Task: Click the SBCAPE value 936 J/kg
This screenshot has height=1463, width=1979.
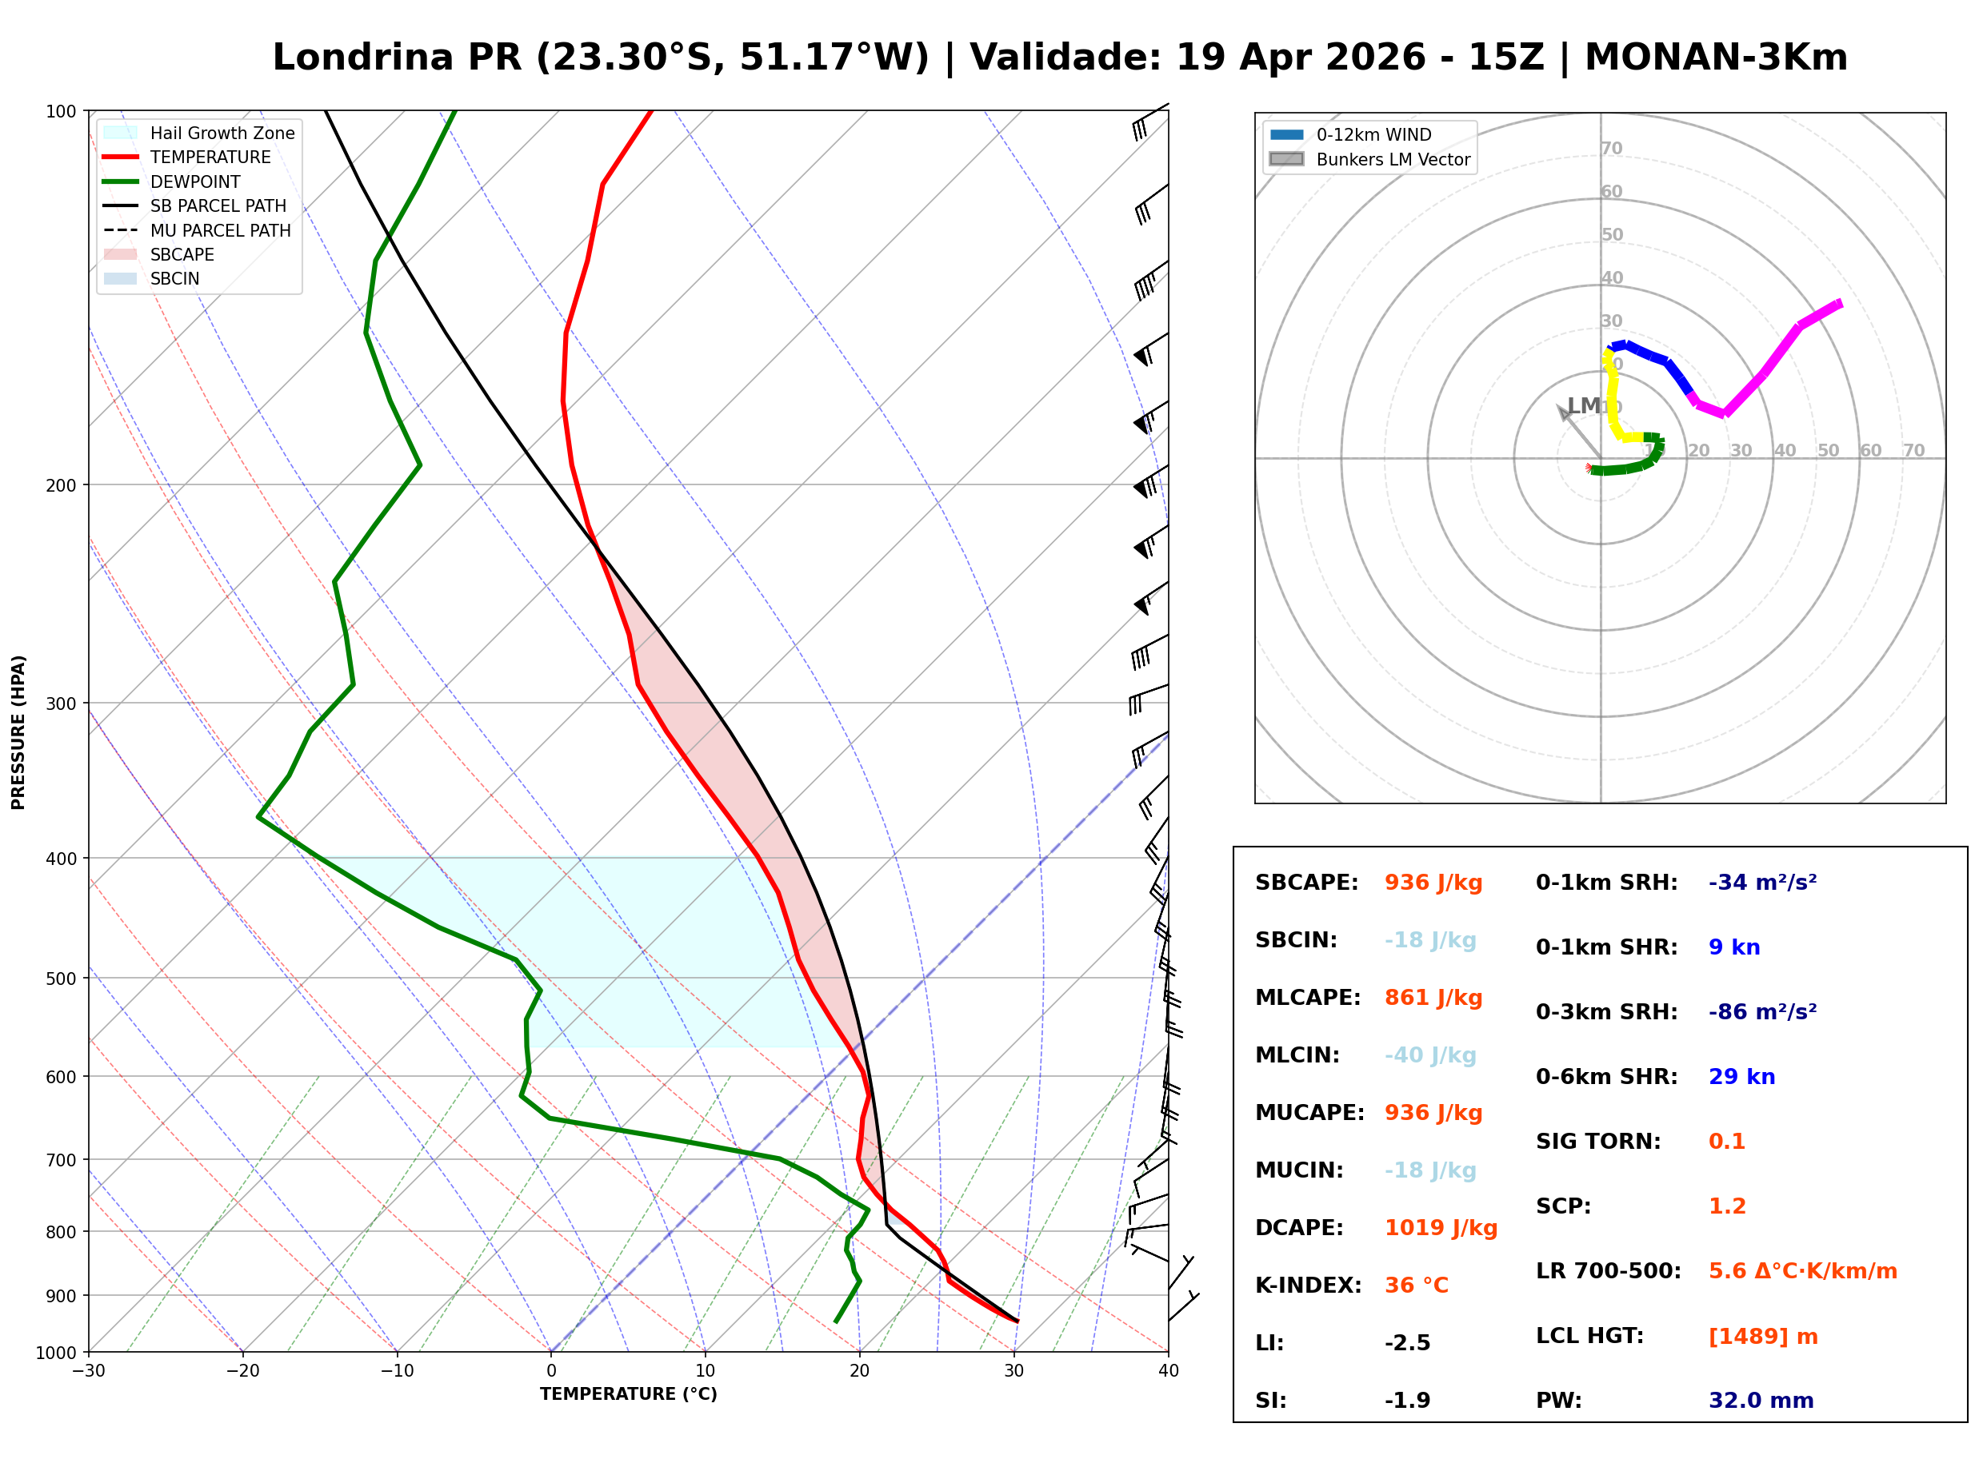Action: pyautogui.click(x=1433, y=883)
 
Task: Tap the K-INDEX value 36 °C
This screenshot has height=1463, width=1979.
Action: pyautogui.click(x=1416, y=1286)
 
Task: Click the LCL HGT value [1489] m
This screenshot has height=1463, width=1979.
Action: pyautogui.click(x=1762, y=1337)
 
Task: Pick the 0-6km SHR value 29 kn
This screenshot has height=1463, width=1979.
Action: pyautogui.click(x=1741, y=1077)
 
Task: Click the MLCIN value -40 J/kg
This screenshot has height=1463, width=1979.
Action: pyautogui.click(x=1429, y=1055)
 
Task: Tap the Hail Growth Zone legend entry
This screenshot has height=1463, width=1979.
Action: pyautogui.click(x=222, y=133)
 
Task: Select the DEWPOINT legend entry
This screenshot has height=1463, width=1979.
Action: pyautogui.click(x=195, y=181)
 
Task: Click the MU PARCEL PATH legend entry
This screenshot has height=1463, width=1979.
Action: pyautogui.click(x=220, y=230)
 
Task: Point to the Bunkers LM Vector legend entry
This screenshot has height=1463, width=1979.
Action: pyautogui.click(x=1392, y=159)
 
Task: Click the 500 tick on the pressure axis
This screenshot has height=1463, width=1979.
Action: pyautogui.click(x=60, y=979)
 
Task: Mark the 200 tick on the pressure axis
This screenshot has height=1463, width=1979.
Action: pyautogui.click(x=60, y=485)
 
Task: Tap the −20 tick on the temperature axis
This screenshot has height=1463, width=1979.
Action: pyautogui.click(x=242, y=1371)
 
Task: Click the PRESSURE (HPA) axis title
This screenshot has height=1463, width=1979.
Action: pyautogui.click(x=18, y=731)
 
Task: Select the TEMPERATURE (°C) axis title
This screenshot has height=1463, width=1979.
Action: pyautogui.click(x=628, y=1394)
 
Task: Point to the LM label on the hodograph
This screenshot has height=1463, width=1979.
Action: pyautogui.click(x=1582, y=405)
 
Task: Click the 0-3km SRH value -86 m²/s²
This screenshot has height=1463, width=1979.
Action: pyautogui.click(x=1761, y=1012)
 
